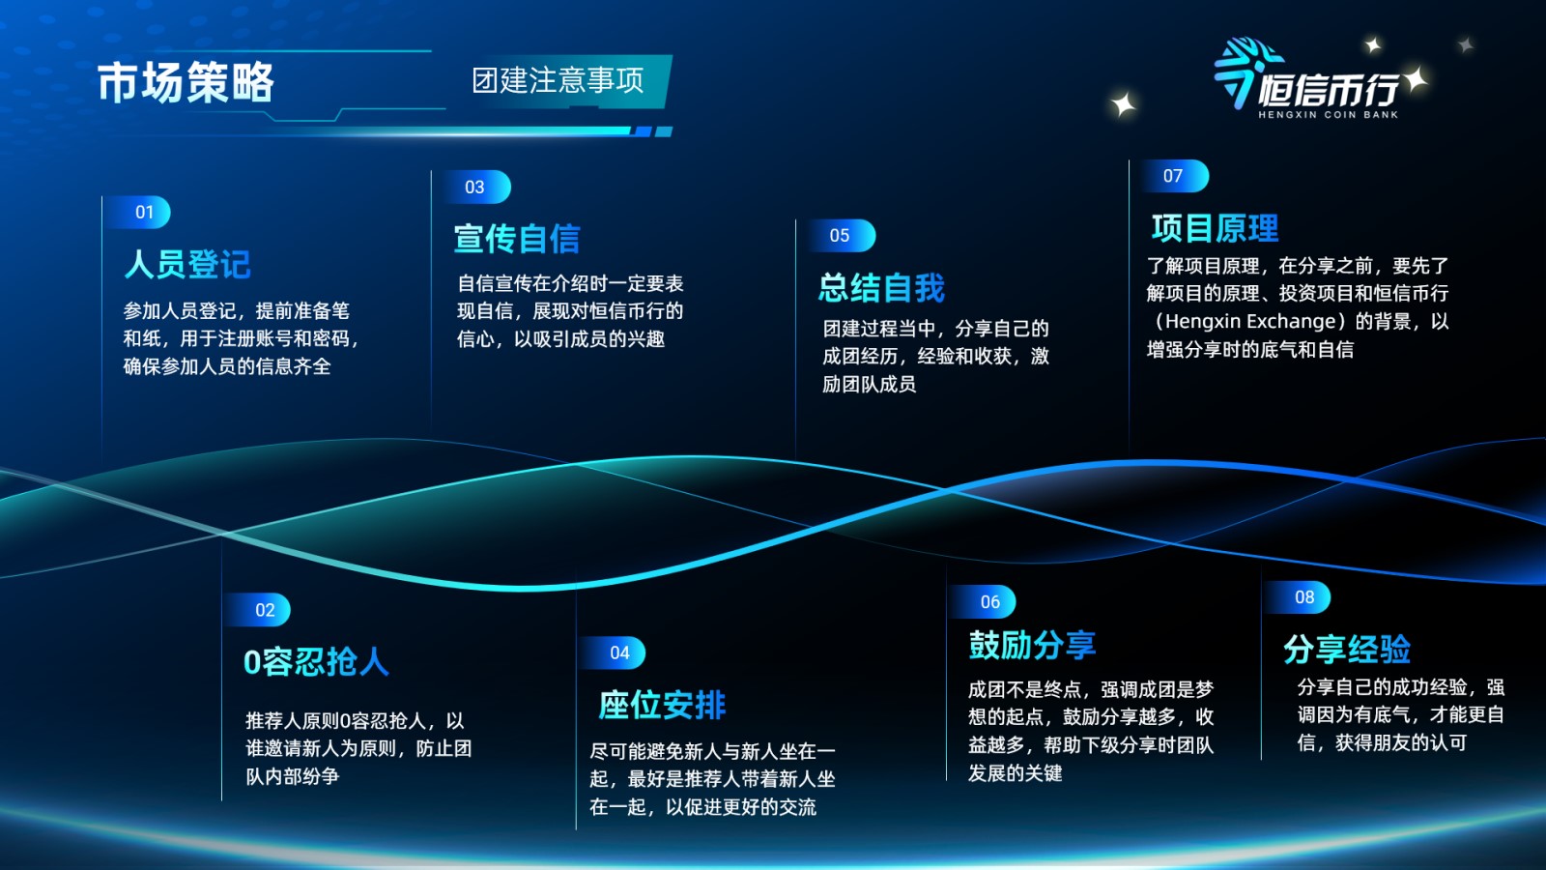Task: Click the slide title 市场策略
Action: tap(185, 83)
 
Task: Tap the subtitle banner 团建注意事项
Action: tap(558, 81)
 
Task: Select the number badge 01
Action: tap(144, 212)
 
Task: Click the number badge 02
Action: tap(265, 610)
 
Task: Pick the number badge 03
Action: tap(474, 188)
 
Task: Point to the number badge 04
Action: tap(619, 652)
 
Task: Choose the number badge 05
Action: tap(840, 236)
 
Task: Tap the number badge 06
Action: tap(989, 602)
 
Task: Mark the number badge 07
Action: tap(1173, 176)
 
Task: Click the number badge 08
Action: tap(1304, 597)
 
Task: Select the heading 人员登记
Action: tap(187, 265)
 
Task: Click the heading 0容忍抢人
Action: tap(316, 662)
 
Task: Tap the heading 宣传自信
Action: tap(517, 239)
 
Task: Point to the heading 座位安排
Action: tap(662, 705)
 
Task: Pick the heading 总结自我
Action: tap(881, 288)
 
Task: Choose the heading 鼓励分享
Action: tap(1032, 645)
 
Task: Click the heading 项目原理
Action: tap(1215, 228)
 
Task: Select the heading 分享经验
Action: tap(1347, 650)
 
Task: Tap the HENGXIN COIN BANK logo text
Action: tap(1328, 115)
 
